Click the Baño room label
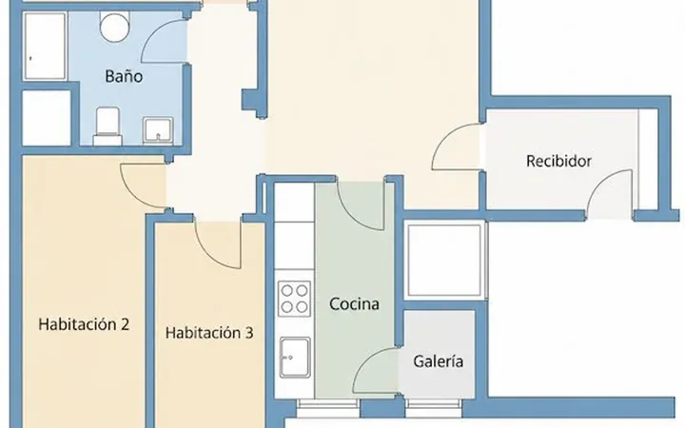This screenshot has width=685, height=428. [x=124, y=76]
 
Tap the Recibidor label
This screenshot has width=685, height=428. [x=558, y=161]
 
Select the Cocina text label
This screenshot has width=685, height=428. [x=354, y=304]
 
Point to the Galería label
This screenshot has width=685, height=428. [x=439, y=361]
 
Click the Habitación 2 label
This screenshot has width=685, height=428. [x=84, y=324]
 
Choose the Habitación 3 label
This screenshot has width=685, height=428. [x=209, y=333]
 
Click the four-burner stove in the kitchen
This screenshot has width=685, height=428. [x=294, y=299]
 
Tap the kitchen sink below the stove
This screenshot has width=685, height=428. [x=295, y=358]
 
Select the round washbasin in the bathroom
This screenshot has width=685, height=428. [x=115, y=27]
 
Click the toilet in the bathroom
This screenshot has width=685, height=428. [x=108, y=126]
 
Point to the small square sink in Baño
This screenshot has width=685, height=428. [x=158, y=130]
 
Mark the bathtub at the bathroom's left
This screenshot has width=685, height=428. [x=45, y=47]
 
